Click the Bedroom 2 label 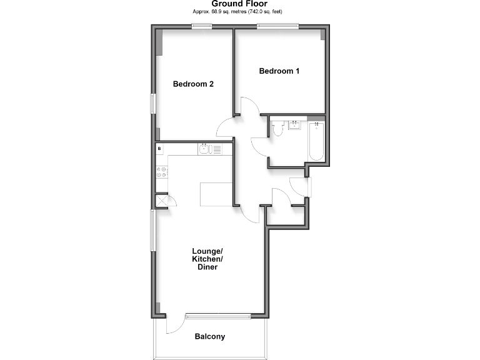coord(194,84)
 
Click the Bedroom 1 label coord(279,71)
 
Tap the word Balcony coord(209,337)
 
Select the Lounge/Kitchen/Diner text coord(207,259)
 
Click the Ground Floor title coord(240,4)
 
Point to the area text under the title coord(240,12)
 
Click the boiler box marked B coord(160,149)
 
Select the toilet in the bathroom coord(277,129)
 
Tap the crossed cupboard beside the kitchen coord(161,201)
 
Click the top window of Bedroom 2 coord(201,26)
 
